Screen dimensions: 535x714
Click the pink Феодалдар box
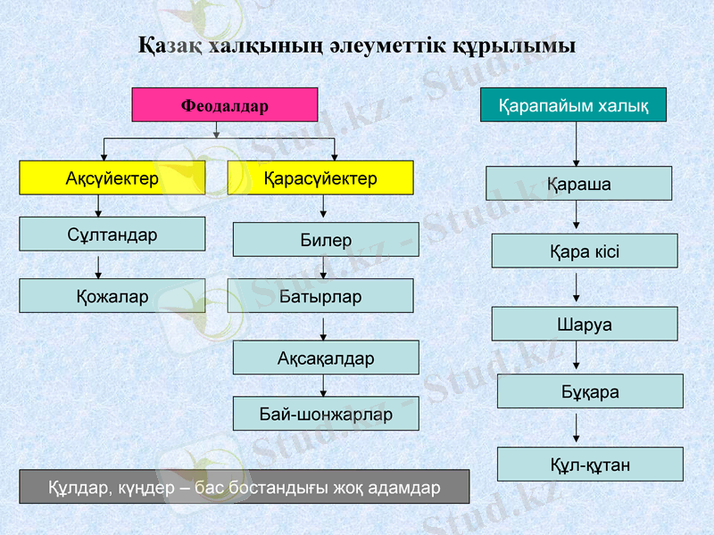coord(225,105)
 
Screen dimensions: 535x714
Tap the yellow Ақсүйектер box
coord(112,178)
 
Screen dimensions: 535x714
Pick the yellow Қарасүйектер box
coord(320,178)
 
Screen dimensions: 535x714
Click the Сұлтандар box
coord(112,235)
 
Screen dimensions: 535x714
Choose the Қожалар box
coord(112,296)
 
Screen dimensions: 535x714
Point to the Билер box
coord(326,240)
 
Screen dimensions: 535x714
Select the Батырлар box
coord(320,296)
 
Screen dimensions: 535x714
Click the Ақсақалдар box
coord(326,358)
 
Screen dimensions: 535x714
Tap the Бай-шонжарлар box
coord(326,414)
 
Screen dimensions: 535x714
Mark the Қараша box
coord(578,184)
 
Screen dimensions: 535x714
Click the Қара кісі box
coord(584,251)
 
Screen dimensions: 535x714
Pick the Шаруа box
coord(584,324)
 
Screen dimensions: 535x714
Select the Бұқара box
coord(590,391)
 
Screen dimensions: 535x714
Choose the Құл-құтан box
coord(590,464)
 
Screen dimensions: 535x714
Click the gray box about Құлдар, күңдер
coord(244,487)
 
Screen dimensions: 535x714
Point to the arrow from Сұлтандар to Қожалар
coord(98,266)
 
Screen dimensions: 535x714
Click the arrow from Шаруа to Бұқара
coord(577,358)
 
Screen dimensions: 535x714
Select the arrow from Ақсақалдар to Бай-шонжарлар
coord(323,385)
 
